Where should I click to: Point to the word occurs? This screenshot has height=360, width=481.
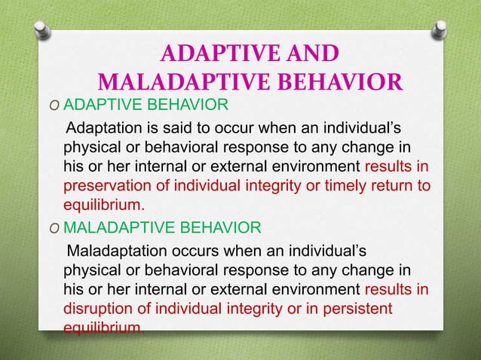[x=198, y=249]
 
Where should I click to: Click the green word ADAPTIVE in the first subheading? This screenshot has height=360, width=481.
[x=95, y=103]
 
